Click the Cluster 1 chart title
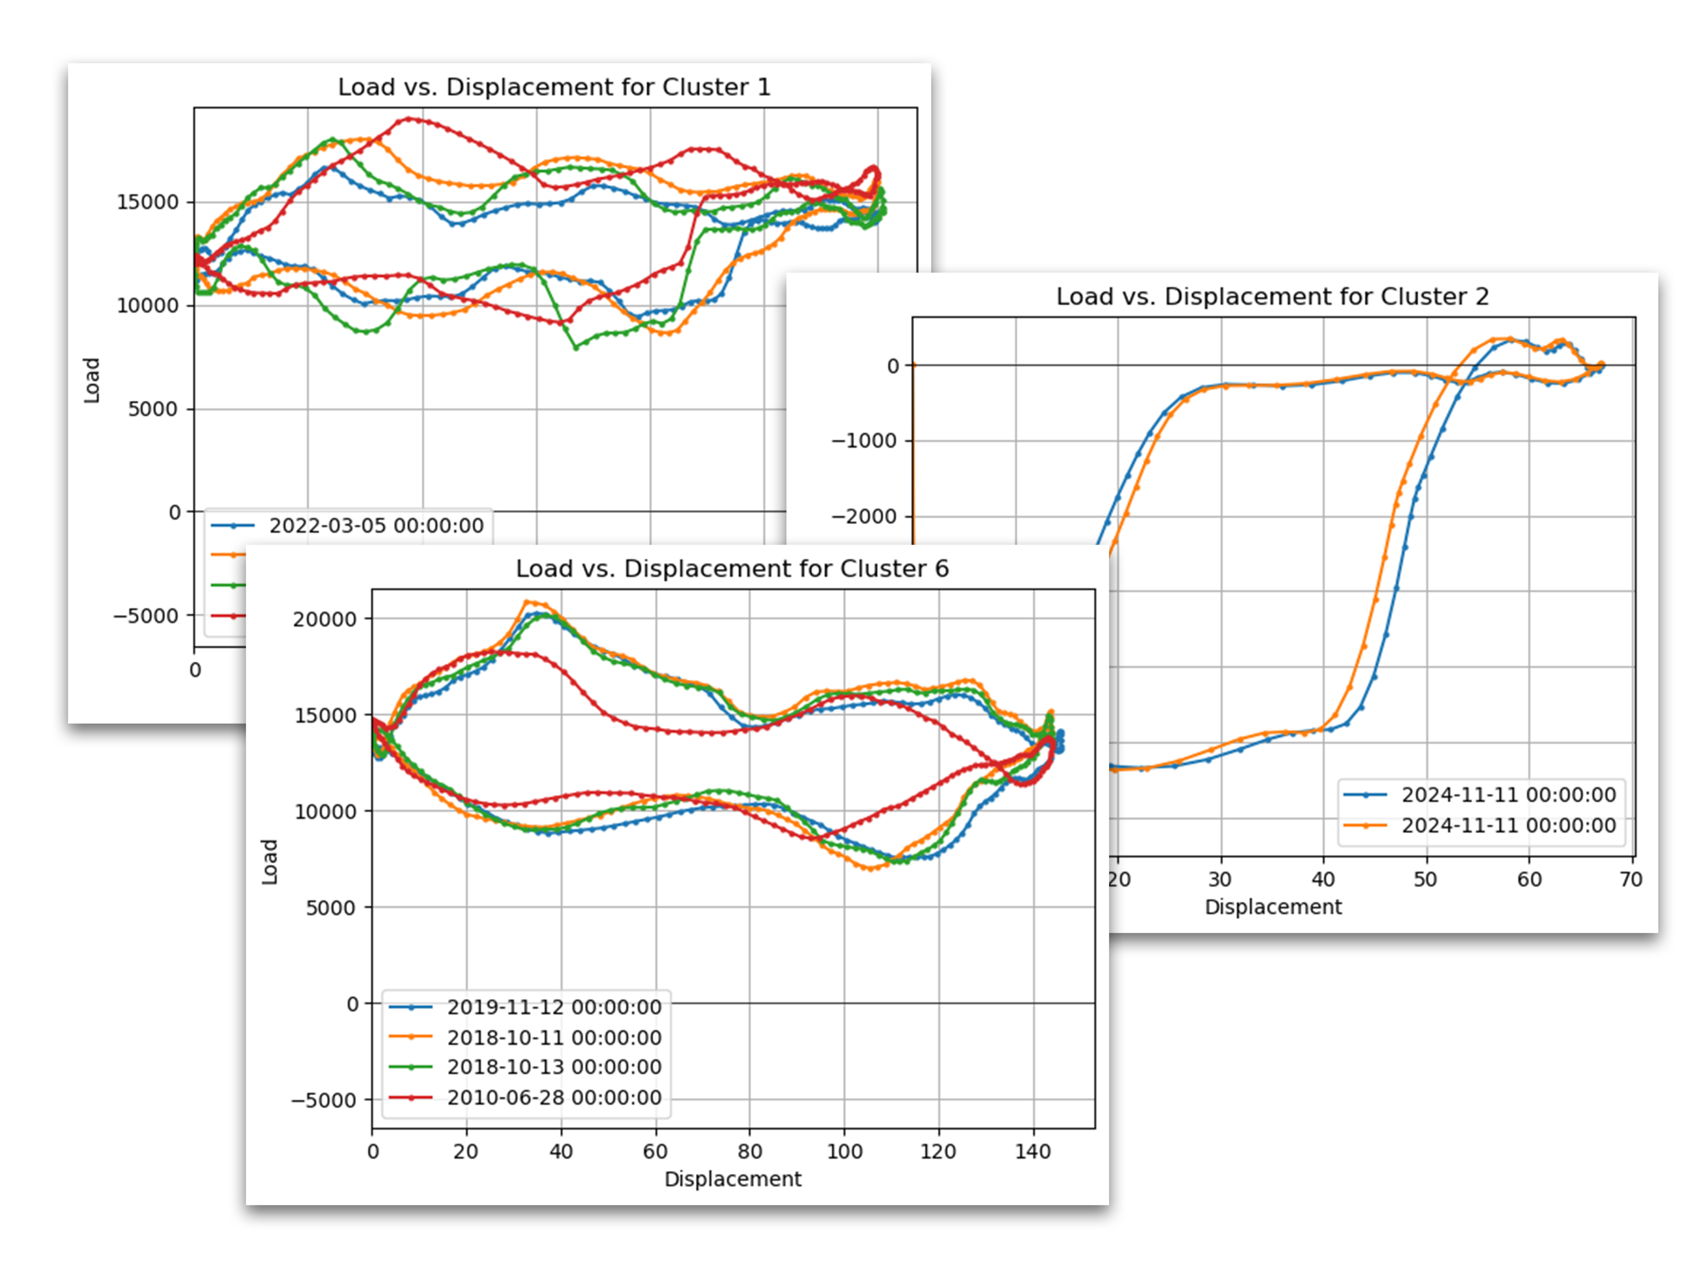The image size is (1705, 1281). (554, 87)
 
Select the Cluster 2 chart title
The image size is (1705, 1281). (1272, 297)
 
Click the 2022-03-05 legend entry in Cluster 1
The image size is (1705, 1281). (375, 526)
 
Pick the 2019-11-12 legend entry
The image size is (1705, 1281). (554, 1007)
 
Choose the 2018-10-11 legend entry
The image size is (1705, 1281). (554, 1038)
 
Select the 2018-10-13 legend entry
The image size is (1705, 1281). (554, 1068)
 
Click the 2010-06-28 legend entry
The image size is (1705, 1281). (554, 1098)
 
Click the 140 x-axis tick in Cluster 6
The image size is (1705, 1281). (1033, 1152)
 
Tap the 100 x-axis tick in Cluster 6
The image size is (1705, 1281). (844, 1152)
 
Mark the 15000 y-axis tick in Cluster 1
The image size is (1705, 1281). (147, 202)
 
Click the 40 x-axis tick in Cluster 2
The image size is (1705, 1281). (1322, 880)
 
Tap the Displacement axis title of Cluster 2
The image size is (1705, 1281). (1272, 907)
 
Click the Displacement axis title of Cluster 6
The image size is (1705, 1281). (732, 1179)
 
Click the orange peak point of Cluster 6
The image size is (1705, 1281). (528, 602)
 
